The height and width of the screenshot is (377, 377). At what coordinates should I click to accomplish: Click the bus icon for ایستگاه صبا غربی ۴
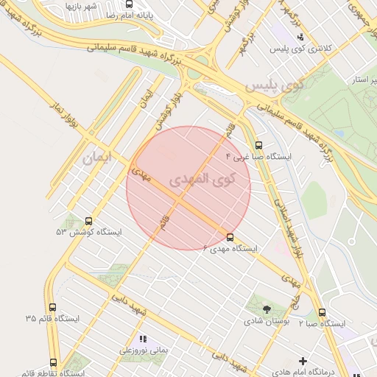258,146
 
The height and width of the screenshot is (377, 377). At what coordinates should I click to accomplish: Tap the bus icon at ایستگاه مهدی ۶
230,237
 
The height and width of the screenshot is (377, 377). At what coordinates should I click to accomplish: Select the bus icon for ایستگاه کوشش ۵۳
89,220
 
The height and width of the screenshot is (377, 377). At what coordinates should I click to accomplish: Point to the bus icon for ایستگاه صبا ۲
322,312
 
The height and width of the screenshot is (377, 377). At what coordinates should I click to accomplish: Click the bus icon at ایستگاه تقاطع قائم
53,362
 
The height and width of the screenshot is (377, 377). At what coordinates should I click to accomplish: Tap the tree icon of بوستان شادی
266,309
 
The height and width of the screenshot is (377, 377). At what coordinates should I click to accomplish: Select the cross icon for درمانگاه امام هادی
303,361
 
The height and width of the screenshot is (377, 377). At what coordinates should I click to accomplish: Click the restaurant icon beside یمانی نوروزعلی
142,339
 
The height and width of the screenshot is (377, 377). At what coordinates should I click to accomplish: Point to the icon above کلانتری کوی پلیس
300,35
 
